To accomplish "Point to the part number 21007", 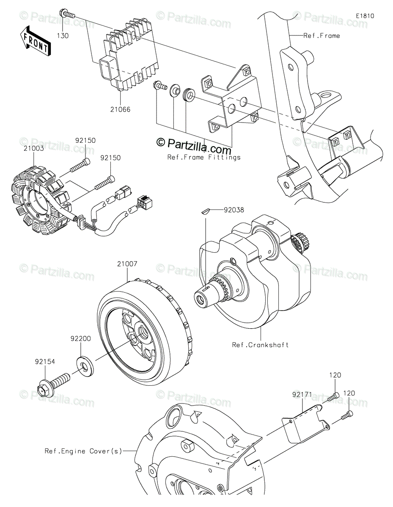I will pos(128,264).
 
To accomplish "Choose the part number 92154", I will pos(45,362).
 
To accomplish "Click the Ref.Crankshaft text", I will pos(260,345).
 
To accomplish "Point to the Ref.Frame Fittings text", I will pos(204,157).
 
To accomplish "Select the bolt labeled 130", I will pos(68,15).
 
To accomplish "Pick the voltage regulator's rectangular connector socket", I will pos(106,68).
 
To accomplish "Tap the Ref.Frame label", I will pos(322,35).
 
